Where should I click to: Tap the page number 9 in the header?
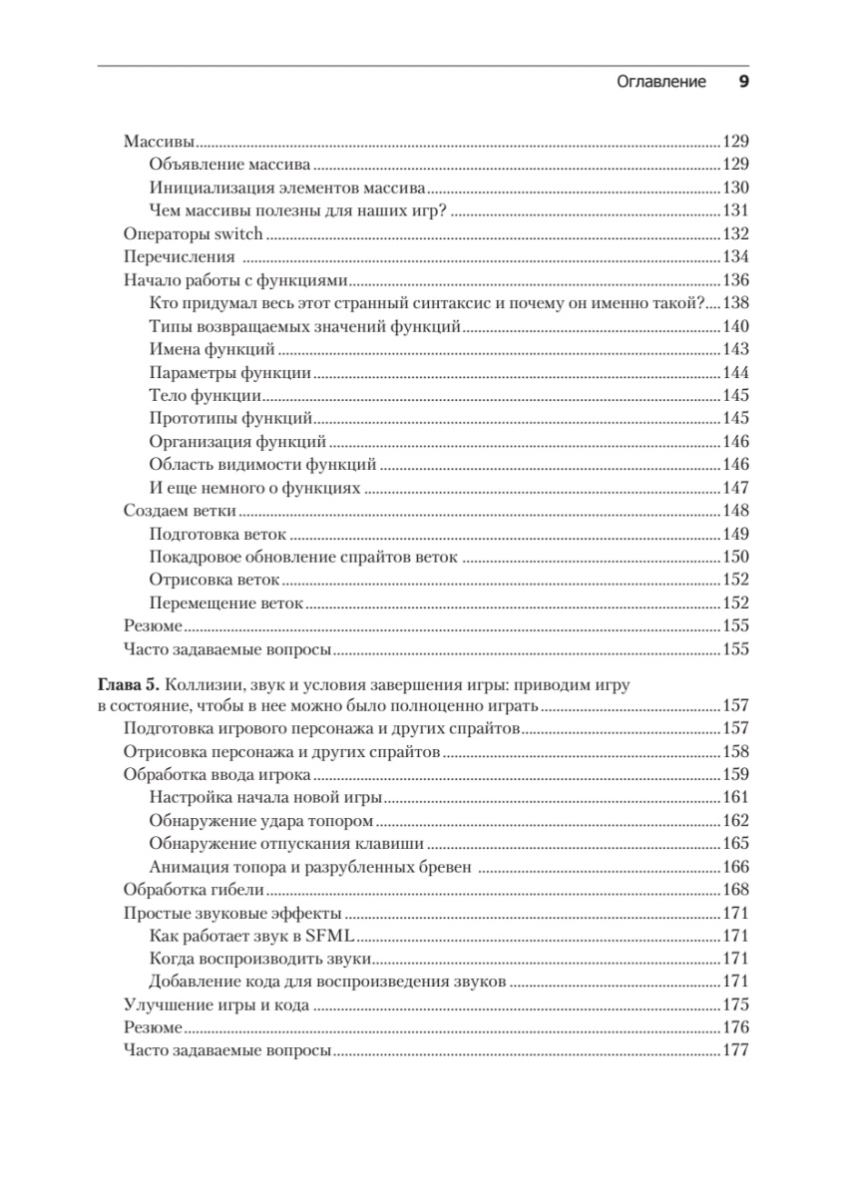pos(742,83)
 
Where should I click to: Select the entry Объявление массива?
pos(229,165)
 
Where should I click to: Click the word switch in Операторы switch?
pos(239,234)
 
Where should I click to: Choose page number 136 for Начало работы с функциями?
pos(734,280)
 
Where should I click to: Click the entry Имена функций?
pos(212,350)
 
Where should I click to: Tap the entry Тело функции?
pos(206,396)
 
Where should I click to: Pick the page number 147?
pos(734,489)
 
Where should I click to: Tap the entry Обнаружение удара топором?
pos(260,821)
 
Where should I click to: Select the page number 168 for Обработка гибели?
pos(734,890)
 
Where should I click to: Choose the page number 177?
pos(734,1051)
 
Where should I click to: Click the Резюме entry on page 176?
pos(153,1028)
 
